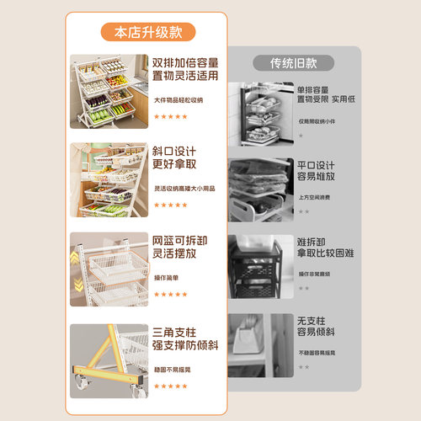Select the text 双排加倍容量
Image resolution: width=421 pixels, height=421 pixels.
[184, 63]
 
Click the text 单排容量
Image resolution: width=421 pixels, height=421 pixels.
[312, 88]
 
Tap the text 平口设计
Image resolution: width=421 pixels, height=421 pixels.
[315, 165]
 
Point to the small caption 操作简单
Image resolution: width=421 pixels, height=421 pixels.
[166, 278]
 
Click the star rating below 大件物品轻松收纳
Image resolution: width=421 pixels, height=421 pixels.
[171, 117]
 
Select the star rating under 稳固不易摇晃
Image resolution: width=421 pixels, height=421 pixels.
[171, 386]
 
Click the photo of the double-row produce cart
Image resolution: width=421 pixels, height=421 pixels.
[108, 92]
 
